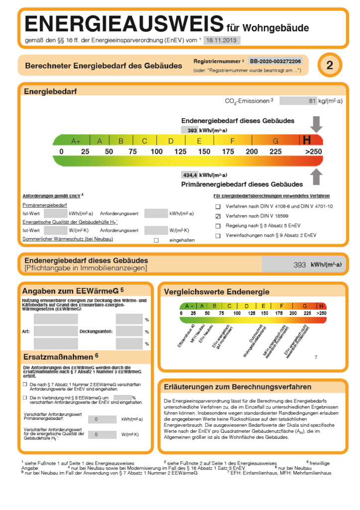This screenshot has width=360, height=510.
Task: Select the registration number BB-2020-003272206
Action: click(275, 61)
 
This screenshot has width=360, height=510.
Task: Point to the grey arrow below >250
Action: click(316, 177)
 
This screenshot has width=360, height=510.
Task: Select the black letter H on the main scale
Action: click(307, 140)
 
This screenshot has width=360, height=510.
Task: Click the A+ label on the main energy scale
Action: click(76, 141)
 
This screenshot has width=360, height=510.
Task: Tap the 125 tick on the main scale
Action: click(180, 151)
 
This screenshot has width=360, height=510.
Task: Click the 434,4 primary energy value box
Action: click(191, 175)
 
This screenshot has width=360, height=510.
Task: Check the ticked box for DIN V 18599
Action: click(218, 216)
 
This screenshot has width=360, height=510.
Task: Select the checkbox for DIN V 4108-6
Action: click(218, 207)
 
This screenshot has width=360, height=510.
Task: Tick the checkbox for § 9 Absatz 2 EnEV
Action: click(218, 236)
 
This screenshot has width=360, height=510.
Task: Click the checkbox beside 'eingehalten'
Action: click(156, 240)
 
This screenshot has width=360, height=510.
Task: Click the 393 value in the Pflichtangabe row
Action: click(300, 265)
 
